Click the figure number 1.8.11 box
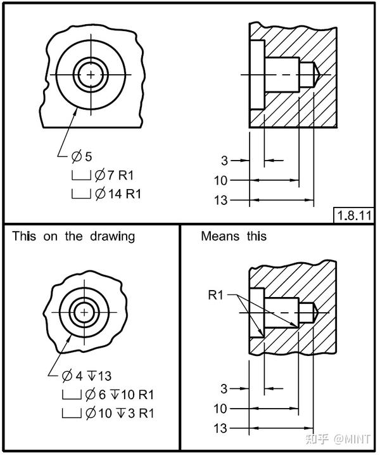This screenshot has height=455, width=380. click(353, 214)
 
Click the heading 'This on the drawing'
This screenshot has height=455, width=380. click(73, 237)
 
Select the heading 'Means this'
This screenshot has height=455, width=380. click(234, 237)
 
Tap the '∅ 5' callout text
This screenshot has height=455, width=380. click(82, 157)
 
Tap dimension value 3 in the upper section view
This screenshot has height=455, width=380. click(224, 161)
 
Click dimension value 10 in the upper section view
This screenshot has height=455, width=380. click(220, 181)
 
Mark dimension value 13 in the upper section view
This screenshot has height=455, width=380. click(220, 201)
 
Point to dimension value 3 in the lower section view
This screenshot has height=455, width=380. click(224, 388)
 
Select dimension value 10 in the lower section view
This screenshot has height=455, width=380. click(220, 409)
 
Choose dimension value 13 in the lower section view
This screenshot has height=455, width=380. click(220, 429)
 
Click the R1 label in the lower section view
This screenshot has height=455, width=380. click(217, 295)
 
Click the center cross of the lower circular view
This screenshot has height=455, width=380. click(83, 312)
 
